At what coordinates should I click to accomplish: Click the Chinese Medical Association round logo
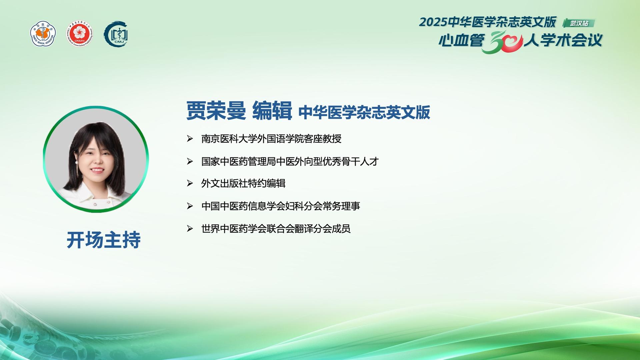pyautogui.click(x=43, y=34)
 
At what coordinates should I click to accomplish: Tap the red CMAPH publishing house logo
pyautogui.click(x=79, y=34)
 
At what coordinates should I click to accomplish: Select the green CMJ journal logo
pyautogui.click(x=116, y=34)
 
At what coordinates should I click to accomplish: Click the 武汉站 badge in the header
pyautogui.click(x=579, y=23)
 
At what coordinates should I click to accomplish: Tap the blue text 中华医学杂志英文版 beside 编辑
pyautogui.click(x=364, y=112)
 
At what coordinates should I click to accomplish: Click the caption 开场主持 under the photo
pyautogui.click(x=104, y=240)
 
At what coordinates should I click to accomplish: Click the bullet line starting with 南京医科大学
pyautogui.click(x=271, y=139)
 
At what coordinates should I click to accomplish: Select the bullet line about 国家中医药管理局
pyautogui.click(x=290, y=161)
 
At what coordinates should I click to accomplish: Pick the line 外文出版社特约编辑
pyautogui.click(x=243, y=183)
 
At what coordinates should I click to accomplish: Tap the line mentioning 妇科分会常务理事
pyautogui.click(x=281, y=206)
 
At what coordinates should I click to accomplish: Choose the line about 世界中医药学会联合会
pyautogui.click(x=276, y=229)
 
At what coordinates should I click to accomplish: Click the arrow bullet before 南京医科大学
pyautogui.click(x=190, y=139)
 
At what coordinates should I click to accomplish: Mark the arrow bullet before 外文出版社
pyautogui.click(x=190, y=183)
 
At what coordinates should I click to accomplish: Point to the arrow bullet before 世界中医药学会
pyautogui.click(x=190, y=229)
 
